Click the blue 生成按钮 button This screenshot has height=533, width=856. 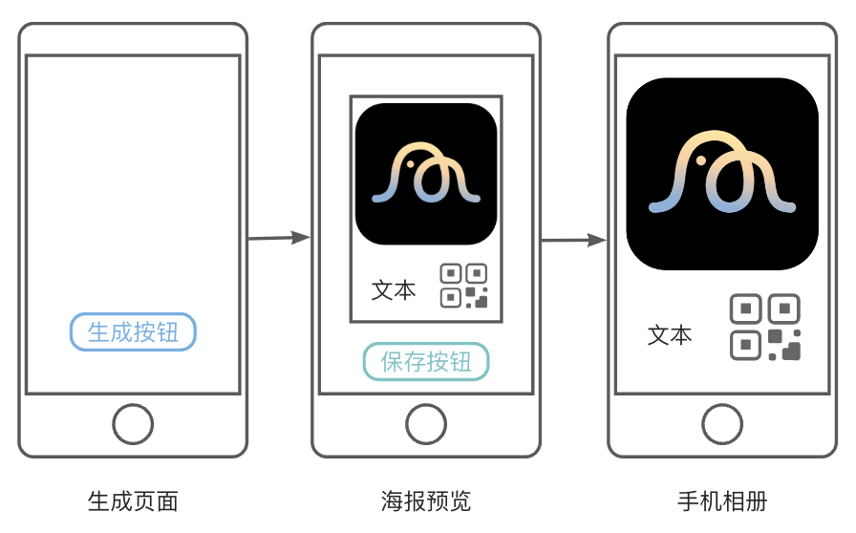tap(133, 331)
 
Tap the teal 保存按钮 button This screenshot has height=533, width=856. tap(426, 362)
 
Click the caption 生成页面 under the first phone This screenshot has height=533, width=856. tap(133, 501)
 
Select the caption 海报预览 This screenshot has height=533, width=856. tap(426, 501)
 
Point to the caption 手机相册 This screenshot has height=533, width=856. tap(722, 501)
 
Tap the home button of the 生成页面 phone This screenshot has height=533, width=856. tap(133, 424)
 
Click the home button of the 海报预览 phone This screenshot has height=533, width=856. tap(426, 424)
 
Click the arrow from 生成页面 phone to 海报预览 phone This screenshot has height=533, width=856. tap(280, 238)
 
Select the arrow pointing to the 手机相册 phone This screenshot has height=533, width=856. tap(574, 240)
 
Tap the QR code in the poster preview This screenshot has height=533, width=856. tap(464, 286)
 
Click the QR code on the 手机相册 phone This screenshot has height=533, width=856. tap(765, 327)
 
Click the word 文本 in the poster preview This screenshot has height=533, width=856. tap(394, 290)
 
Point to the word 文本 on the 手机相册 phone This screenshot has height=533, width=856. tap(670, 335)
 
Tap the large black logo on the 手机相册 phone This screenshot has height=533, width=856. tap(722, 174)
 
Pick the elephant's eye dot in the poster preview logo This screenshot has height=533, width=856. tap(411, 164)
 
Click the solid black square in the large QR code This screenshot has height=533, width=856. tap(790, 351)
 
